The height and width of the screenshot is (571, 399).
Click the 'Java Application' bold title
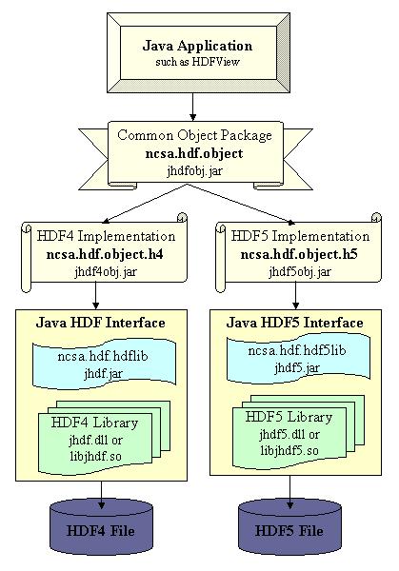pyautogui.click(x=197, y=46)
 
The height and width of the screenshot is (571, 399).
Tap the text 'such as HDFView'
pyautogui.click(x=197, y=62)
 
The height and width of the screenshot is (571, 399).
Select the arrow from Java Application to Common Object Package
pyautogui.click(x=192, y=107)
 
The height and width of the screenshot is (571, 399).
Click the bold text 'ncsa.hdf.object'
pyautogui.click(x=194, y=153)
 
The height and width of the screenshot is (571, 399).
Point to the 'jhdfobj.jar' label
pyautogui.click(x=194, y=170)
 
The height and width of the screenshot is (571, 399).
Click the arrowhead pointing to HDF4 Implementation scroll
pyautogui.click(x=106, y=221)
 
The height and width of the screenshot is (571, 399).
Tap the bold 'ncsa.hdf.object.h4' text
pyautogui.click(x=105, y=254)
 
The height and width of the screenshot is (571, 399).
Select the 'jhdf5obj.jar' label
pyautogui.click(x=300, y=271)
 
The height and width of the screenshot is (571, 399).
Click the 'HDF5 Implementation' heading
pyautogui.click(x=300, y=236)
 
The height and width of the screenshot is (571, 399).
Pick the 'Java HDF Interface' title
pyautogui.click(x=101, y=323)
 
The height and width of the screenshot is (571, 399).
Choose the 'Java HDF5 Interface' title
pyautogui.click(x=295, y=323)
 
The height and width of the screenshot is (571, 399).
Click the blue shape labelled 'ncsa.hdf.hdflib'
pyautogui.click(x=104, y=364)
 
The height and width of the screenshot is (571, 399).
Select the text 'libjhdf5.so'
pyautogui.click(x=289, y=451)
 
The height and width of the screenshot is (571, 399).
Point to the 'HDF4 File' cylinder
pyautogui.click(x=101, y=527)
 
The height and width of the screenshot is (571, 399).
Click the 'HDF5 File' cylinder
pyautogui.click(x=289, y=527)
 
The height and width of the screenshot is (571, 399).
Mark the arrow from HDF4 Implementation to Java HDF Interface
pyautogui.click(x=95, y=295)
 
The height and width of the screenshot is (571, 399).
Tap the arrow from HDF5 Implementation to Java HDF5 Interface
pyautogui.click(x=295, y=295)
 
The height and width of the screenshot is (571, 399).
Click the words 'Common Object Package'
pyautogui.click(x=194, y=135)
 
